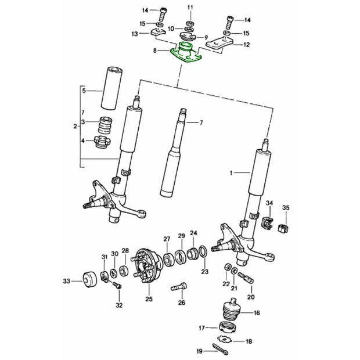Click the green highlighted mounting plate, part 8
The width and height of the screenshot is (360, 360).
coord(186,56)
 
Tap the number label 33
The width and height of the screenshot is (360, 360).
coord(66,281)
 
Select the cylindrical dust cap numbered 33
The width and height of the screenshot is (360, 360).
coord(89,279)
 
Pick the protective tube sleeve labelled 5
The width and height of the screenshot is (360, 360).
coord(111,88)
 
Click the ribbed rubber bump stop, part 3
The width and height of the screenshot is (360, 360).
coord(105,125)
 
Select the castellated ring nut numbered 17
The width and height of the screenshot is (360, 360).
coord(228,326)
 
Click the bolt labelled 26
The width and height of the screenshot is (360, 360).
coord(179,286)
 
